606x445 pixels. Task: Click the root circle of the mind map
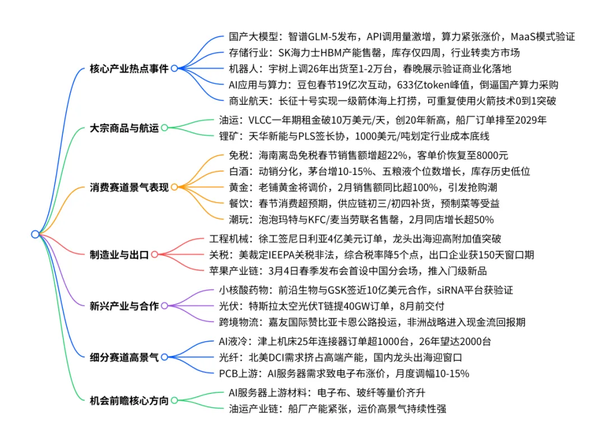[x=35, y=234]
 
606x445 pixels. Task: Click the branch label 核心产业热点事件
[x=128, y=68]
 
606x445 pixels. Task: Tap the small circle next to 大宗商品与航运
[x=164, y=127]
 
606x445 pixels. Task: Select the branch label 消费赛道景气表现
[x=128, y=187]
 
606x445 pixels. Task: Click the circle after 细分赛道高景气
[x=164, y=356]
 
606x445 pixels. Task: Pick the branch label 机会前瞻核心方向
[x=128, y=401]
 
